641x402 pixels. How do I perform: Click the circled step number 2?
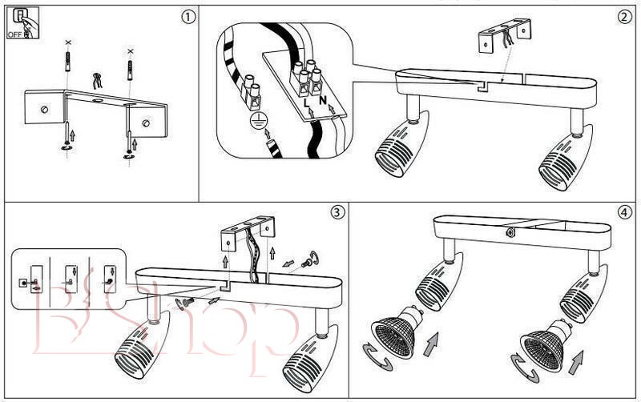point(624,16)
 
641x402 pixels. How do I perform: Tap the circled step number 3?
point(337,212)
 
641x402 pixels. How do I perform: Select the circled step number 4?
point(624,212)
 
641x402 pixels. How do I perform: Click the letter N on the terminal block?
point(322,102)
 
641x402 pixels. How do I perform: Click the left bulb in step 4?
point(394,336)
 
